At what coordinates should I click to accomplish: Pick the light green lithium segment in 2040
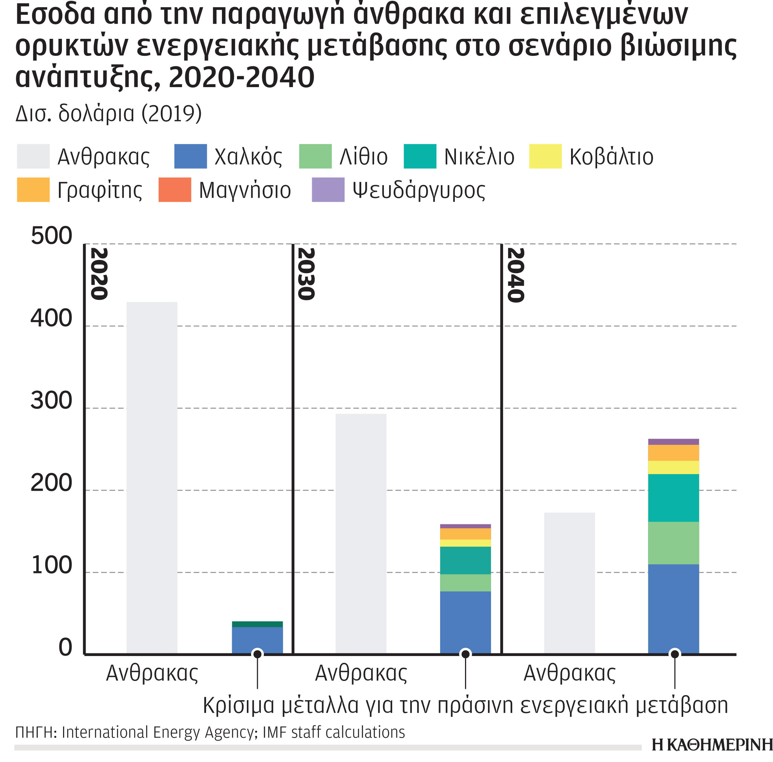[x=673, y=542]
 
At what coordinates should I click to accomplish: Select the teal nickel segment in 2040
[x=673, y=498]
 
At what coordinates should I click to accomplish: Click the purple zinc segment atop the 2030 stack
[x=465, y=526]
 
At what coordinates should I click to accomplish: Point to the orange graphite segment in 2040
[x=673, y=453]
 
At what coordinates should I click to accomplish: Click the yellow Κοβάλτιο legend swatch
[x=545, y=156]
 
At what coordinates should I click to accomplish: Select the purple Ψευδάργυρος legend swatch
[x=328, y=189]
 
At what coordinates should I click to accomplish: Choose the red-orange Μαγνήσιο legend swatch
[x=174, y=189]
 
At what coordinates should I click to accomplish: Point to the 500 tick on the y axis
[x=51, y=235]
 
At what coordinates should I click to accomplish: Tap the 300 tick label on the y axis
[x=51, y=400]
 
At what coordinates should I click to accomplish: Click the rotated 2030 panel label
[x=306, y=274]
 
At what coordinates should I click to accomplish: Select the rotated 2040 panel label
[x=515, y=275]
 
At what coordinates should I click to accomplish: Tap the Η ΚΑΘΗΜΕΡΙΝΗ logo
[x=711, y=744]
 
